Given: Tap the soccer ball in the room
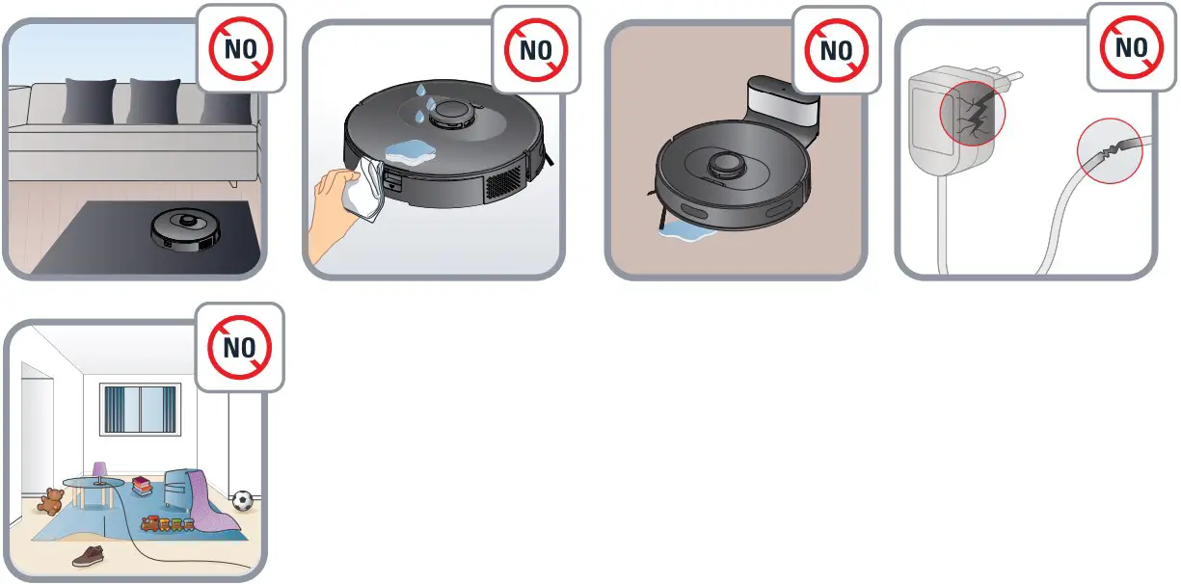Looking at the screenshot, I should (243, 500).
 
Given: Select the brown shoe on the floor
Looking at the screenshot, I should (89, 555).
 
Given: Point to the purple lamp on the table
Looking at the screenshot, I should (99, 471).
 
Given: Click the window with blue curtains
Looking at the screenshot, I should (141, 410).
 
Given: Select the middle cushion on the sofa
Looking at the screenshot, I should (154, 100).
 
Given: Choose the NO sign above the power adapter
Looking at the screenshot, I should (1131, 47).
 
